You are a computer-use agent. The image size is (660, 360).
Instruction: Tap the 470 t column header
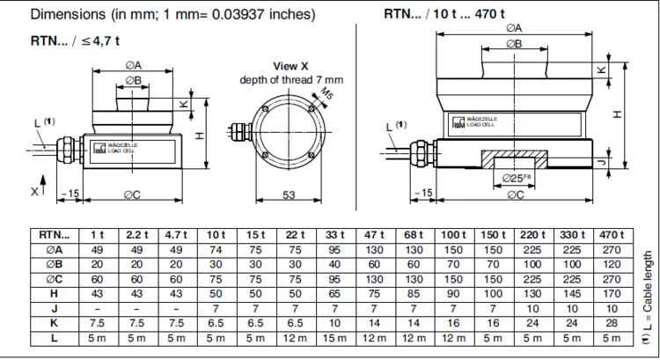tap(611, 236)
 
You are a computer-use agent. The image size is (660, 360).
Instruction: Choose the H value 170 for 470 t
tap(611, 292)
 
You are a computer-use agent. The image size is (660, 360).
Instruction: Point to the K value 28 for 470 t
tap(611, 321)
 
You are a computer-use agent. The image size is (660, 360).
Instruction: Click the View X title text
tap(291, 66)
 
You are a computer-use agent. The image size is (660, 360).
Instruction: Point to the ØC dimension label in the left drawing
tap(131, 195)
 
